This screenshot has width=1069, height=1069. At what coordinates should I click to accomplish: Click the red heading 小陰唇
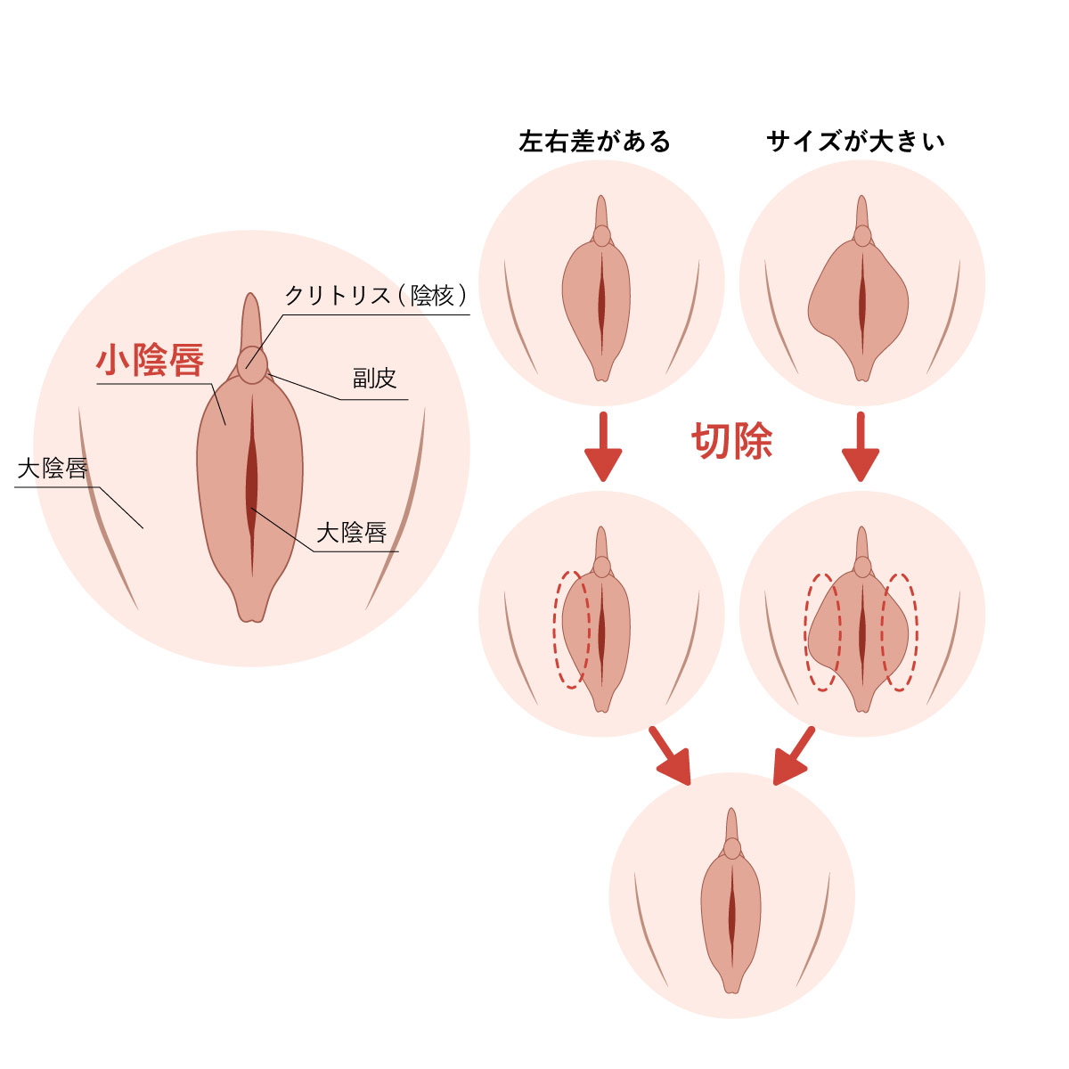pyautogui.click(x=150, y=360)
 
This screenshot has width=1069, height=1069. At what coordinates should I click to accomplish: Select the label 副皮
pyautogui.click(x=373, y=379)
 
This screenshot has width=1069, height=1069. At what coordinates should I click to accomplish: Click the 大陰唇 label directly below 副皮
pyautogui.click(x=351, y=533)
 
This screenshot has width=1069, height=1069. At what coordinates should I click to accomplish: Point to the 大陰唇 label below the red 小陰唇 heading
pyautogui.click(x=53, y=469)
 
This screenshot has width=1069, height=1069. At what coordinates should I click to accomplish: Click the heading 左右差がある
pyautogui.click(x=594, y=142)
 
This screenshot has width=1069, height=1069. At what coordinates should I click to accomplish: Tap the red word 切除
pyautogui.click(x=731, y=441)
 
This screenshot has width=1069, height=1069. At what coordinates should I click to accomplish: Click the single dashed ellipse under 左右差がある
pyautogui.click(x=571, y=629)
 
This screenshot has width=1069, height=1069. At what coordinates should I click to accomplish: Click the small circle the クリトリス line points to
pyautogui.click(x=252, y=364)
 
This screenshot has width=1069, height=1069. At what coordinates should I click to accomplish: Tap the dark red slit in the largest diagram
pyautogui.click(x=253, y=486)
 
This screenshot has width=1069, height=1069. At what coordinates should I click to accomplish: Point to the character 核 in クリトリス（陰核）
pyautogui.click(x=442, y=296)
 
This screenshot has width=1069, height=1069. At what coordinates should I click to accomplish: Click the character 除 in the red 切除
pyautogui.click(x=752, y=441)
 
